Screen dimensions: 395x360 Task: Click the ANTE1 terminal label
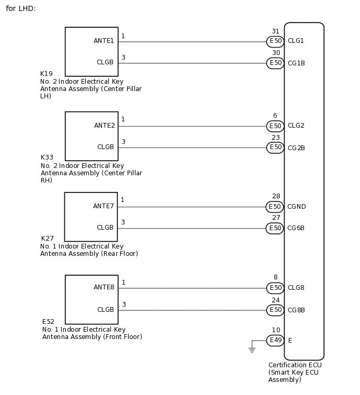[x=104, y=41]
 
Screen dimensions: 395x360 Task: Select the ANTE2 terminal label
[x=105, y=126]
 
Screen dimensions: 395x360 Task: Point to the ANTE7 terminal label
[x=104, y=206]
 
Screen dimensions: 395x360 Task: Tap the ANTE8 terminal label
[x=104, y=287]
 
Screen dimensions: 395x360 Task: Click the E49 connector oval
[x=275, y=341]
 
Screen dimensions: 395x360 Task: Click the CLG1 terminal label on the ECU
[x=296, y=41]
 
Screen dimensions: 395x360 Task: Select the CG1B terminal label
[x=296, y=63]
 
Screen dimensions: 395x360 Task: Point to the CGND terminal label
[x=297, y=207]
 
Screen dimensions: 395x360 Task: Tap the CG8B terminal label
[x=296, y=310]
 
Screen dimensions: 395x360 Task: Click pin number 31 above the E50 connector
[x=275, y=31]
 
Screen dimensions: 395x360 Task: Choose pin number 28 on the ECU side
[x=276, y=196]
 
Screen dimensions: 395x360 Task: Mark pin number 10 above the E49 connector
[x=276, y=330]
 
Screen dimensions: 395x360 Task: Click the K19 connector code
[x=47, y=74]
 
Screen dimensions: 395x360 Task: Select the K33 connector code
[x=47, y=157]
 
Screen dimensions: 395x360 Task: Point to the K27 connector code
[x=48, y=239]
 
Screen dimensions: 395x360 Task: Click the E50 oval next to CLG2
[x=275, y=126]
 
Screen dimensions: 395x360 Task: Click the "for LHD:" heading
[x=21, y=9]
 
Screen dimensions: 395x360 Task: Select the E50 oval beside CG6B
[x=275, y=228]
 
